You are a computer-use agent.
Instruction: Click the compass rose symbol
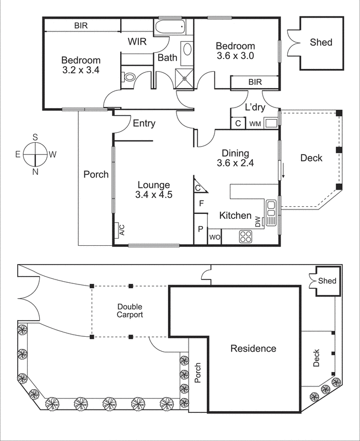coord(35,154)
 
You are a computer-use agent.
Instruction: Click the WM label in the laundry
coord(255,124)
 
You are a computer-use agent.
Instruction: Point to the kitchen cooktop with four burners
coord(246,237)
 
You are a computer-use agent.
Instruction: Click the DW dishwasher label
coord(257,222)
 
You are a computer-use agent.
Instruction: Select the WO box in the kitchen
coord(214,238)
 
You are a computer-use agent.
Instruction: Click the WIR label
coord(137,42)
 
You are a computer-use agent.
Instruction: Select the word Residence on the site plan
coord(253,348)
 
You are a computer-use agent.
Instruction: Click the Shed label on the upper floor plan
coord(321,42)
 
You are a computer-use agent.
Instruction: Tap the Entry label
coord(144,123)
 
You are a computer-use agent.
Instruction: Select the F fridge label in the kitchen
coord(201,203)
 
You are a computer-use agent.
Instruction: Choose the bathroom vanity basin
coord(186,50)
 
